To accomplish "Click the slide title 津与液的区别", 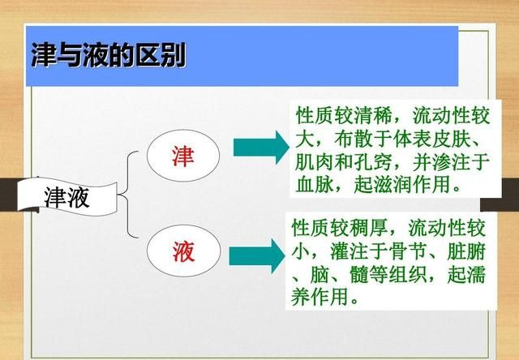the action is tap(108, 55).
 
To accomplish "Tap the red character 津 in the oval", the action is tap(182, 156).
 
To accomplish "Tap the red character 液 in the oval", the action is tap(183, 251).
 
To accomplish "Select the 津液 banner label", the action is tap(66, 198).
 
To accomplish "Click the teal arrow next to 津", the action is tap(261, 148).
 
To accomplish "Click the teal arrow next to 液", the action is tap(257, 256).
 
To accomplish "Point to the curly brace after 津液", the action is tap(128, 195).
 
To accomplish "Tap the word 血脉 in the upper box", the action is tap(315, 184).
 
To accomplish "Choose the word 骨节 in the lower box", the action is tap(408, 251).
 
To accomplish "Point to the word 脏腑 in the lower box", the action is tap(466, 251).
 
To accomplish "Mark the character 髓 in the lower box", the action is tap(359, 274).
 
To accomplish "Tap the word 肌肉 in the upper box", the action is tap(315, 162).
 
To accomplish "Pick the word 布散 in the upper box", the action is tap(354, 139).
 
